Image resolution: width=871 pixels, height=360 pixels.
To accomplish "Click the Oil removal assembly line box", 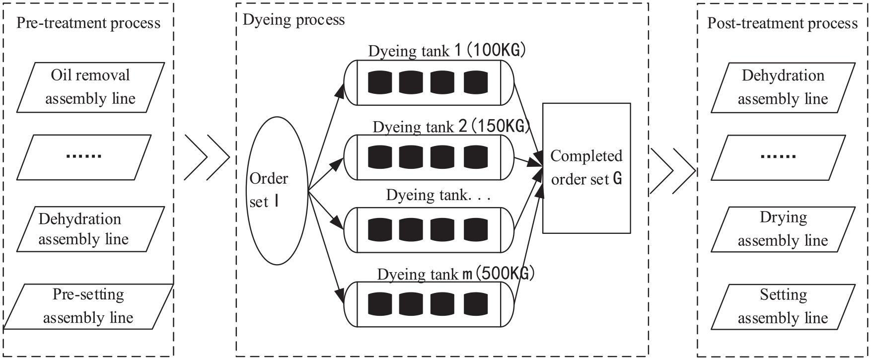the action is [x=90, y=87].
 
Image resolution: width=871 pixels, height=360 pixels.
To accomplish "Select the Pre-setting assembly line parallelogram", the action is [x=88, y=306].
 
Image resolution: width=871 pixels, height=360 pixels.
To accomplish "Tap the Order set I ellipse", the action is [x=277, y=191].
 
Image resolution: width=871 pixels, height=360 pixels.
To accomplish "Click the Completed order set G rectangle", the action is [x=586, y=168].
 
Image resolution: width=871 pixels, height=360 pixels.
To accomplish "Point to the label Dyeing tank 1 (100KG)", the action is [x=447, y=51].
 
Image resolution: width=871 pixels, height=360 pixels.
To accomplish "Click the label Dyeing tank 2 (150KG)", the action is [x=451, y=127].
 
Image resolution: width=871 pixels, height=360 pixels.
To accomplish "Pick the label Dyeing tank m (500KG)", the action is [x=455, y=274].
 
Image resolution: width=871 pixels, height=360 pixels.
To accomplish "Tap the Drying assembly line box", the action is [x=783, y=229].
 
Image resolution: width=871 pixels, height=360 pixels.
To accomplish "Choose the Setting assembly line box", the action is [x=783, y=306].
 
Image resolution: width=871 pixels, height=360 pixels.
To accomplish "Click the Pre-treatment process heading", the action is [x=88, y=23].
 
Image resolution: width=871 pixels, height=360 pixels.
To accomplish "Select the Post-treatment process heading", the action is [x=783, y=23].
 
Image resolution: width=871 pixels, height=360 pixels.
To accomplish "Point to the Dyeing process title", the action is [x=293, y=20].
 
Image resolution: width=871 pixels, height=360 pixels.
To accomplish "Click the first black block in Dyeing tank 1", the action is [x=380, y=82].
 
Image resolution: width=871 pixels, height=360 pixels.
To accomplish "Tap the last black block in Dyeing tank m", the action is [x=476, y=304].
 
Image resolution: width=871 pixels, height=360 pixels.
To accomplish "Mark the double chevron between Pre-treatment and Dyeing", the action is [x=207, y=157].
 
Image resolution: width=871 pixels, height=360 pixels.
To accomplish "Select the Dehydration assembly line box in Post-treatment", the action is [x=783, y=87].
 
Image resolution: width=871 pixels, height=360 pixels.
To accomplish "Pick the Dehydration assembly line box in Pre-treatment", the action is [x=90, y=229].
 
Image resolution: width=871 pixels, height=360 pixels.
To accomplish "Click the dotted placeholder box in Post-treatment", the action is [x=778, y=157].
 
